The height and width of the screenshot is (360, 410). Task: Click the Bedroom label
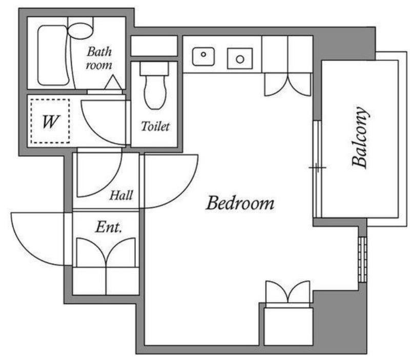(240, 203)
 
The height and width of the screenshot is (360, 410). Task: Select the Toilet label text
(155, 126)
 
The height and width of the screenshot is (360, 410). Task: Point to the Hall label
(121, 195)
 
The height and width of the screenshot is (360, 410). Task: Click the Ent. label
(109, 227)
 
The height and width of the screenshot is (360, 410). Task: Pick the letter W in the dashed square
(50, 122)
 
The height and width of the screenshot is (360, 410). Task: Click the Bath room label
(99, 58)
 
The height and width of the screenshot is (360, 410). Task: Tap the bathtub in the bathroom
(53, 55)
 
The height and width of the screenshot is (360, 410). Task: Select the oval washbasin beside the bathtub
(80, 31)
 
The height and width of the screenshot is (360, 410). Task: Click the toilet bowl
(155, 92)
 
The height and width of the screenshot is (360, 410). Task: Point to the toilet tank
(154, 69)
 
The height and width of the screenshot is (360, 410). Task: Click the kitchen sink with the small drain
(203, 56)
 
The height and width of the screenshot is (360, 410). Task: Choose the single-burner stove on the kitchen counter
(240, 58)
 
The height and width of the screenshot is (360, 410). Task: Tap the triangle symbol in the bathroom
(113, 82)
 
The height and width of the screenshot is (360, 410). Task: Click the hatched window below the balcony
(362, 260)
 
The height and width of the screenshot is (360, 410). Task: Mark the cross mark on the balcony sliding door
(317, 167)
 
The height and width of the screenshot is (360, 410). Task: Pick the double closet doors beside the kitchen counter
(288, 84)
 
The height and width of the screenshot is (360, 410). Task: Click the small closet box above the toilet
(154, 46)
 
